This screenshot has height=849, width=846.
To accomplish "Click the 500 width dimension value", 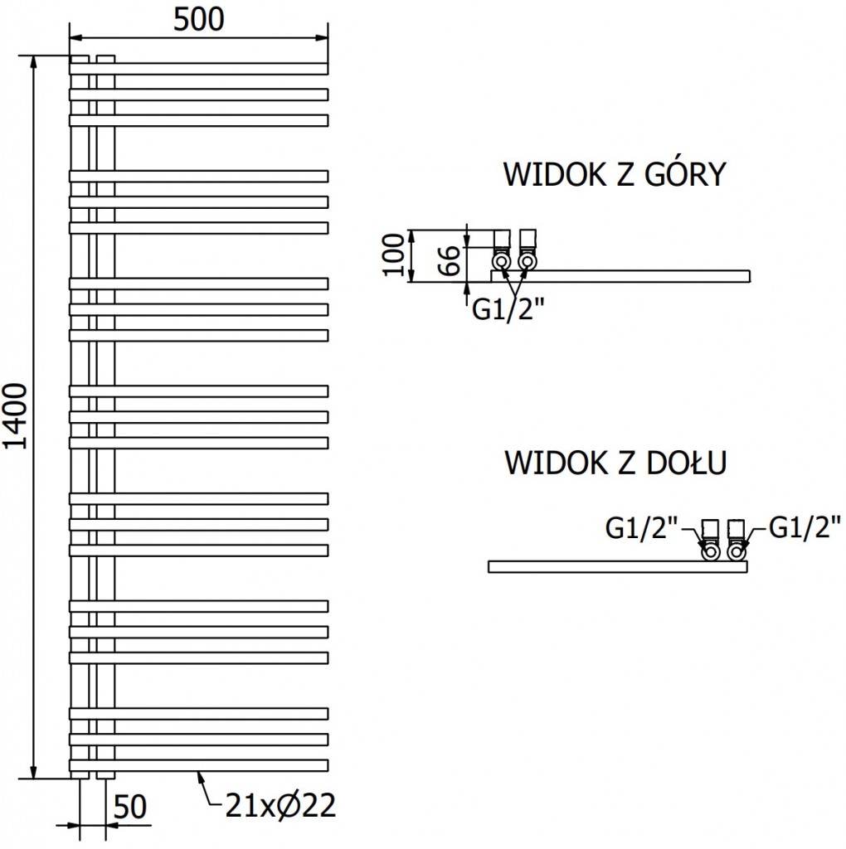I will tap(198, 19).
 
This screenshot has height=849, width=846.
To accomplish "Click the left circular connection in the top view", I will tap(502, 262).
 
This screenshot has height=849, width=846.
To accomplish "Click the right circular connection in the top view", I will tap(527, 262).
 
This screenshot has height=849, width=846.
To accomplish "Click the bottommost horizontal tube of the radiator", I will tap(199, 764).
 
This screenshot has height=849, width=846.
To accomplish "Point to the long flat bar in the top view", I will tap(630, 275).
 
